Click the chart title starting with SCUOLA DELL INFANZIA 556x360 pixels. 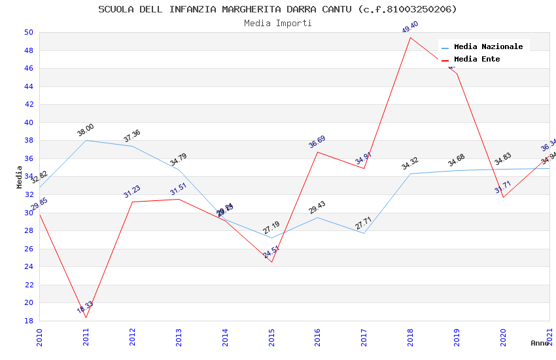277,9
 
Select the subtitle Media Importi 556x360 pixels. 277,23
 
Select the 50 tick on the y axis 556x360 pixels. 29,32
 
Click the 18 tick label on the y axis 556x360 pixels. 29,321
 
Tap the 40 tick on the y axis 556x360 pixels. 29,122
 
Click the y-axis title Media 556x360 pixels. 19,177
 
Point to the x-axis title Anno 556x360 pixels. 540,343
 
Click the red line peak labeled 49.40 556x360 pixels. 410,37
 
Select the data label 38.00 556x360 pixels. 86,130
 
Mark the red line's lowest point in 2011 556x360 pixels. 86,318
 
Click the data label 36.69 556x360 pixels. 317,142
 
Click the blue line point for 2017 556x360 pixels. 364,233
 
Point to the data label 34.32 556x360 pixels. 410,164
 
